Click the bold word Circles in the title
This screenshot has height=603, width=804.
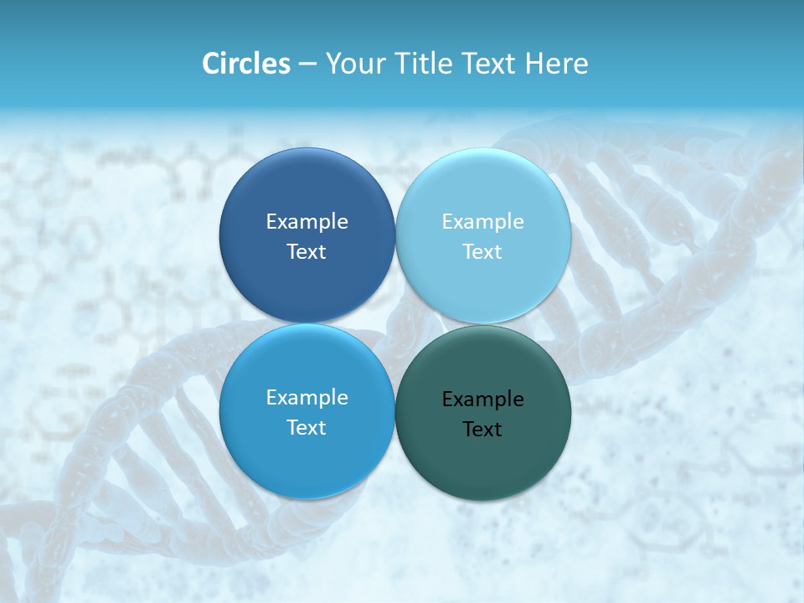coord(246,64)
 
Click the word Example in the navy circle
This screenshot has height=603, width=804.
coord(307,221)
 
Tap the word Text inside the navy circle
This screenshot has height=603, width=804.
coord(307,251)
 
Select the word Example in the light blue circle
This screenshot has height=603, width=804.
coord(482,221)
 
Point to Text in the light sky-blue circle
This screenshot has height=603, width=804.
coord(482,251)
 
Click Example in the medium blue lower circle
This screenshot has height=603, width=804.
coord(307,397)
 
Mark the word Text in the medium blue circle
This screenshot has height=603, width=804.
coord(307,427)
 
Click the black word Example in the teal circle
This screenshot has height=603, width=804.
coord(482,399)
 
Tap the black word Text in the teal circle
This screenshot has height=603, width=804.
coord(482,429)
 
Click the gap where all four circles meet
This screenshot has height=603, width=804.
coord(395,323)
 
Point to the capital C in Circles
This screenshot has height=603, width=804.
coord(210,64)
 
